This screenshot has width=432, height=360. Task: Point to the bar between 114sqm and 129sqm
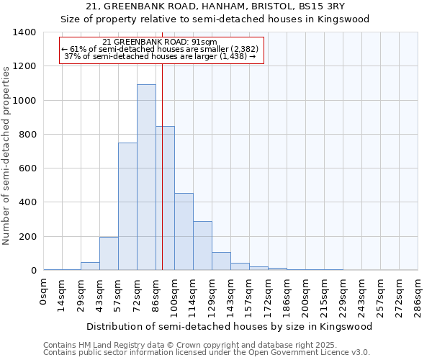(x=202, y=246)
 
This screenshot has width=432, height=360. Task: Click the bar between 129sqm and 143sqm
(x=221, y=261)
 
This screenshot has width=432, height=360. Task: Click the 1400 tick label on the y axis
(x=24, y=32)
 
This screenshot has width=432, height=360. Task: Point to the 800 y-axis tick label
(x=27, y=135)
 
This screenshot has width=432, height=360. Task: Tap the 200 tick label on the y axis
(x=27, y=237)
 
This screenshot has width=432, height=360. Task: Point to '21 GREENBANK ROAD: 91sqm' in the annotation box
(x=160, y=42)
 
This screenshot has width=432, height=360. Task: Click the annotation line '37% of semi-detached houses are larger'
(x=160, y=56)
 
